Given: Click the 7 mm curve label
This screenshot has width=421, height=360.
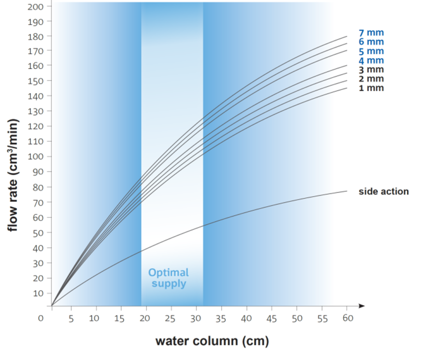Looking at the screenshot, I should point(371,33).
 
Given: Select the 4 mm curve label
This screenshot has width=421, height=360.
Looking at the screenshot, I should point(371,60).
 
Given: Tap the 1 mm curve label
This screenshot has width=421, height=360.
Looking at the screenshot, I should point(371,88).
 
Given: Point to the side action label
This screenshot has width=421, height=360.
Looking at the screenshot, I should point(384,191).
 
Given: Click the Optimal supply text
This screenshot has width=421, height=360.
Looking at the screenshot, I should point(168,278).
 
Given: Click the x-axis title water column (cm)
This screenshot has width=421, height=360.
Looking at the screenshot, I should point(212,341).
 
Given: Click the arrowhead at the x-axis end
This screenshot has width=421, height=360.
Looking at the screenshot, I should point(361,306).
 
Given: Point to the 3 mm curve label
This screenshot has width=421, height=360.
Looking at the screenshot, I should point(371,70).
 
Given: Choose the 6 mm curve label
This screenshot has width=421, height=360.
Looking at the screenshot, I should point(371,42).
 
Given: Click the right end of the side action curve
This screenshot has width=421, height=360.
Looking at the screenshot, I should point(347,191).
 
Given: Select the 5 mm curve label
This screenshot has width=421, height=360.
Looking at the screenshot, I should point(371,51).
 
